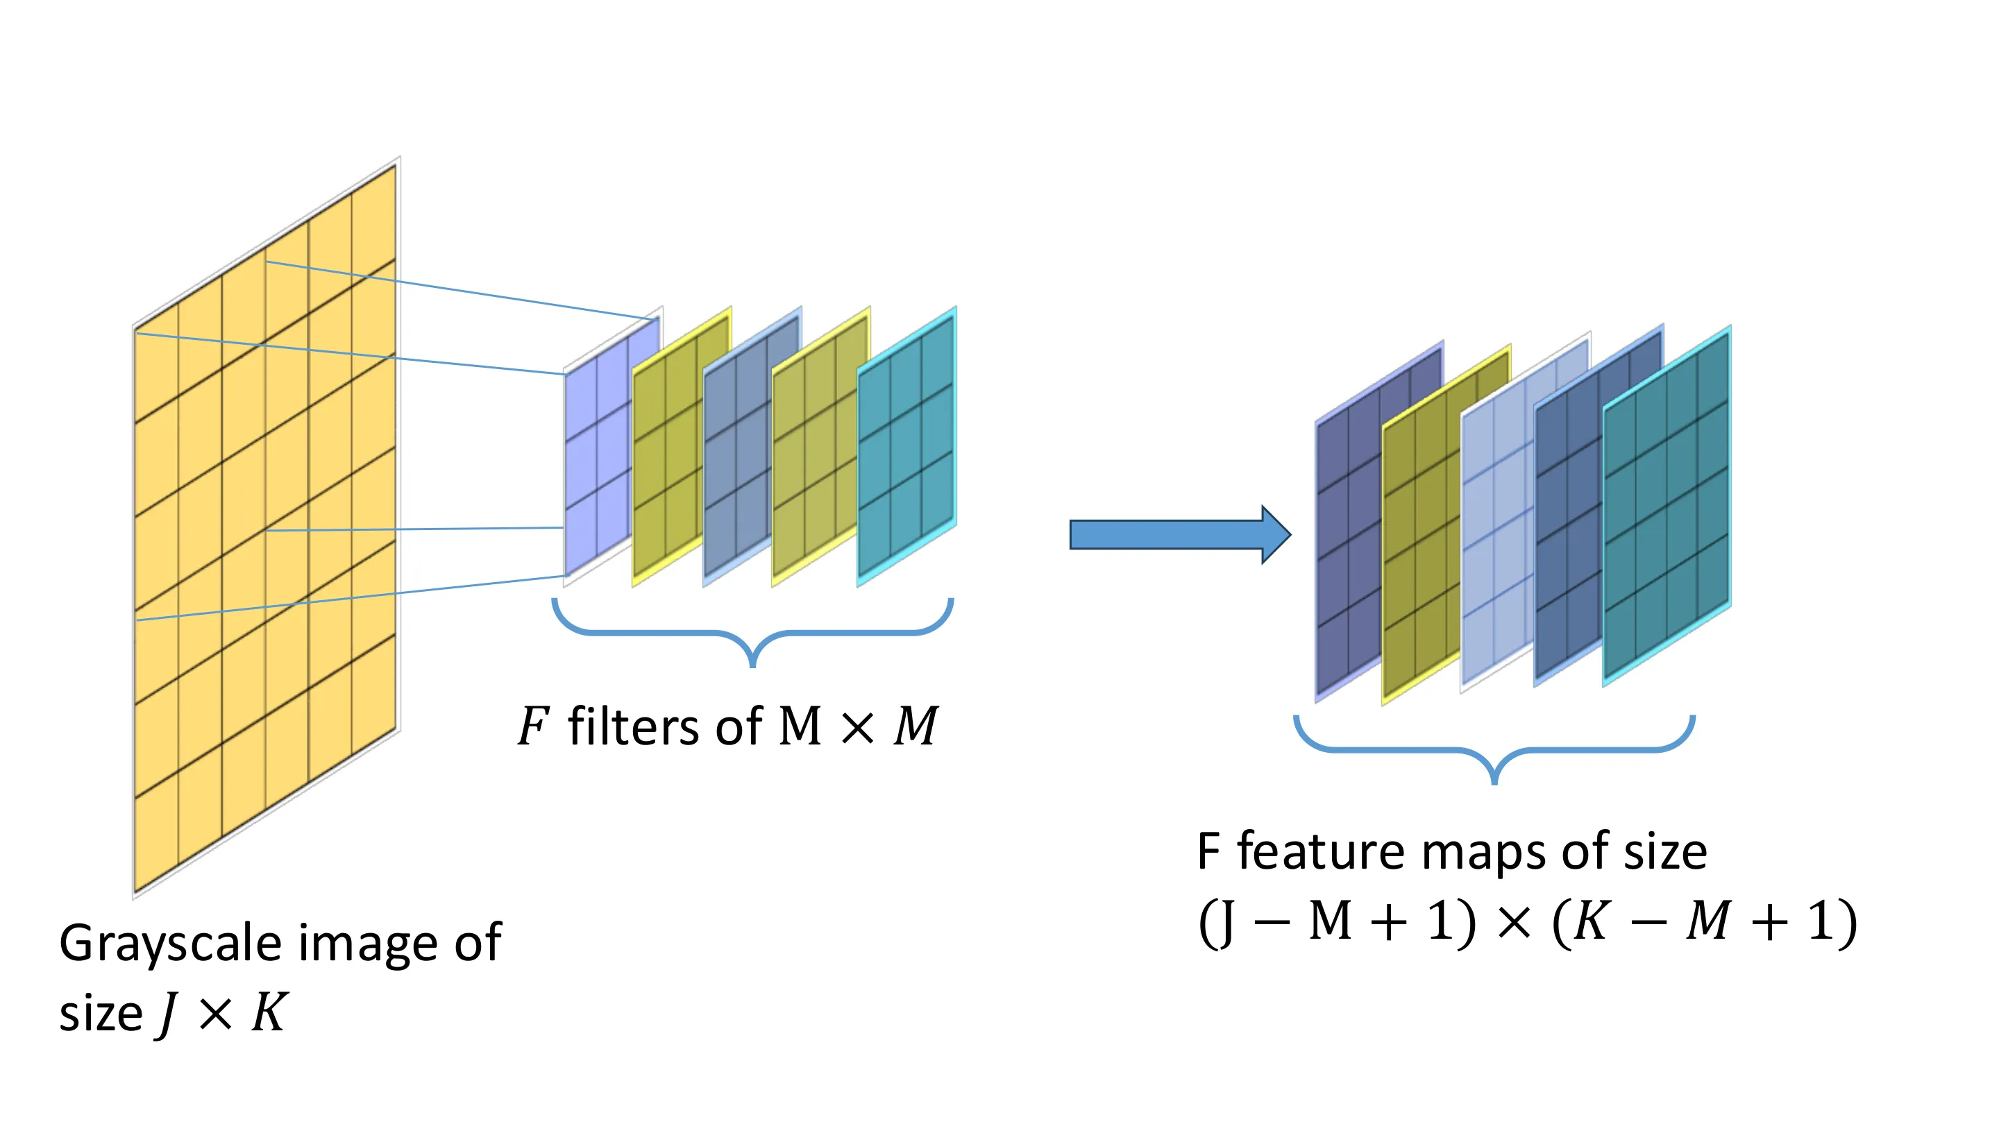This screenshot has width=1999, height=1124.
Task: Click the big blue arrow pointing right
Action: tap(1179, 534)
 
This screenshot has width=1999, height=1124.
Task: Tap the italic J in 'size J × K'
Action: tap(167, 1014)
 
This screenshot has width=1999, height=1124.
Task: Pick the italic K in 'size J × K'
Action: tap(269, 1012)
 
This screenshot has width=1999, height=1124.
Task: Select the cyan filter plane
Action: tap(906, 447)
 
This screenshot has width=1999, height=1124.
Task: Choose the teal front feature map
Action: tap(1667, 506)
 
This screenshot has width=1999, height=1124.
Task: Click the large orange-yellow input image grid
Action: tap(265, 527)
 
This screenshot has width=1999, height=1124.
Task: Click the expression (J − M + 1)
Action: tap(1336, 922)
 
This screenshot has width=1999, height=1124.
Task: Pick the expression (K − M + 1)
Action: tap(1704, 922)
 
